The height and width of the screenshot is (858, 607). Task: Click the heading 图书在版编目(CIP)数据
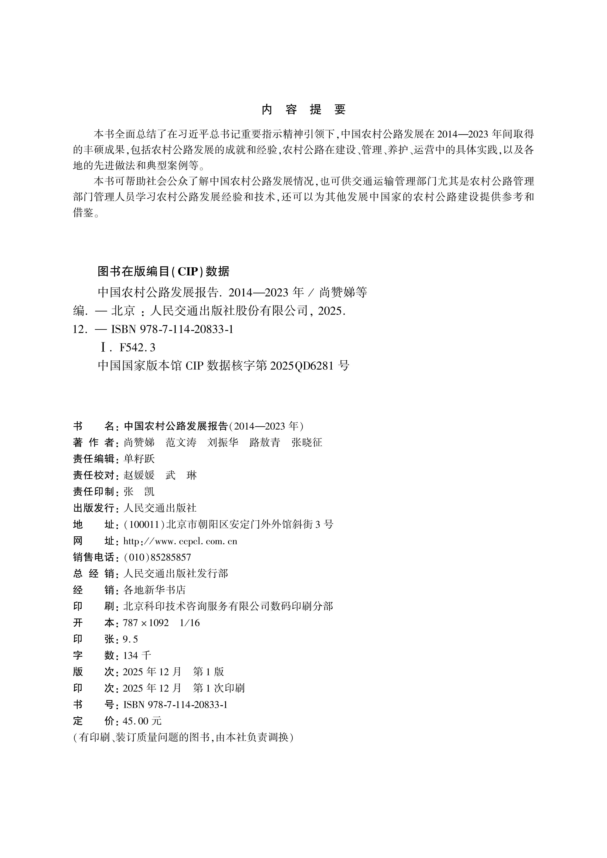click(x=163, y=272)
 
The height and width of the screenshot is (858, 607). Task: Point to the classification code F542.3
click(x=137, y=348)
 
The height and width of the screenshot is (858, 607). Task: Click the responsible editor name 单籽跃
click(x=139, y=459)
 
